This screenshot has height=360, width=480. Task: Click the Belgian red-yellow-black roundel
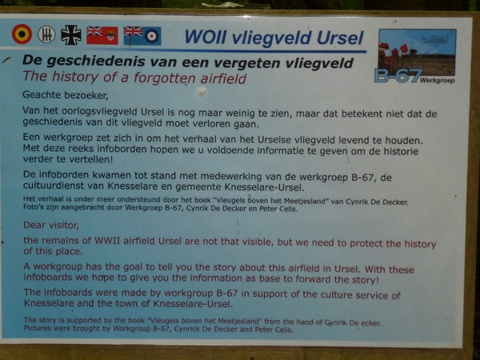coord(22,34)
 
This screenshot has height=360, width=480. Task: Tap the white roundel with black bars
coord(46,34)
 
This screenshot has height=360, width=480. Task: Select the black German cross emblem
coord(71,35)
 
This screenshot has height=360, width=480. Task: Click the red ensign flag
coord(102,35)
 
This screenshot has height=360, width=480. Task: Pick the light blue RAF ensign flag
coord(142,36)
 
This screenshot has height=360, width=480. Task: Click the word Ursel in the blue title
coord(340,38)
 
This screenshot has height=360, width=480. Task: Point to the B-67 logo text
coord(398,76)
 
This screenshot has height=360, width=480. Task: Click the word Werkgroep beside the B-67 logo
coord(438,81)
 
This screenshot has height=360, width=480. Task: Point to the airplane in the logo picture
coord(436,39)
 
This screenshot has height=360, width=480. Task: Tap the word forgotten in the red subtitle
coord(166,78)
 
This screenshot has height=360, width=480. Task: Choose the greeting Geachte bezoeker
coord(66,95)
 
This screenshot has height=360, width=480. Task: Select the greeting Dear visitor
coord(51,226)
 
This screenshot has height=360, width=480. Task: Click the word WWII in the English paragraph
coord(107,241)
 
